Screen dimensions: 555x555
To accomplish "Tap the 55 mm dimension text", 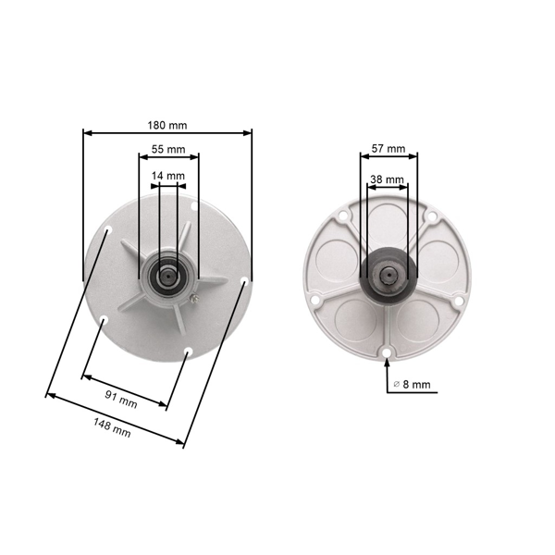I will point(167,149).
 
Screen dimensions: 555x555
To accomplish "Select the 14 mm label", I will point(167,176).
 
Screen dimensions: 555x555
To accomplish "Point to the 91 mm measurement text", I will point(120,399).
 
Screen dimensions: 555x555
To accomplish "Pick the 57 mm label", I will point(388,148).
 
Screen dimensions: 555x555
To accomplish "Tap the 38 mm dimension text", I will point(387,179).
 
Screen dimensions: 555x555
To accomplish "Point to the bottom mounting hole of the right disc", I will point(386,351).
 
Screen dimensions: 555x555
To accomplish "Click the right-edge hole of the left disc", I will point(244,280).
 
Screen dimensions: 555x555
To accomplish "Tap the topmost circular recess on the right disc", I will point(388,222).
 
